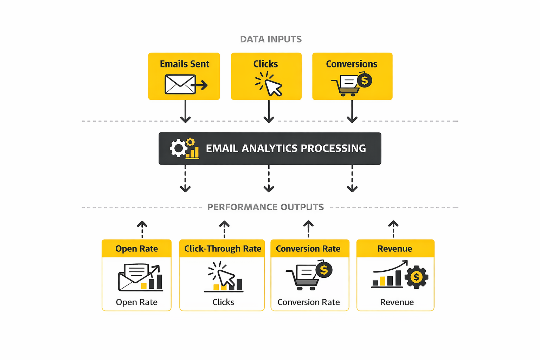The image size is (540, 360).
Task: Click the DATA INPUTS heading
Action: click(x=271, y=39)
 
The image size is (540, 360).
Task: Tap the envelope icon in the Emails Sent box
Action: click(x=180, y=84)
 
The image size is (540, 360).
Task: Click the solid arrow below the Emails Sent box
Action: click(x=185, y=112)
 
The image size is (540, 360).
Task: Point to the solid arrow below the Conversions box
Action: click(x=352, y=112)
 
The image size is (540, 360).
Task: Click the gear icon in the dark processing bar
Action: click(x=179, y=148)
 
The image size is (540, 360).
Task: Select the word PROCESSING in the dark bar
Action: click(x=333, y=148)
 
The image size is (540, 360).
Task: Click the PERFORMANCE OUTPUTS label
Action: click(x=265, y=207)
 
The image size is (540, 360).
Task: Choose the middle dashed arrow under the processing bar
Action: click(x=269, y=179)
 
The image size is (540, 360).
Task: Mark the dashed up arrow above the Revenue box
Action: click(x=393, y=229)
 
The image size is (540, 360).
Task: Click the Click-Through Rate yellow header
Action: click(x=223, y=249)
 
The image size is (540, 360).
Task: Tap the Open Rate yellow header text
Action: click(x=136, y=249)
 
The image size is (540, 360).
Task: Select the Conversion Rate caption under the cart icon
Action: click(x=309, y=302)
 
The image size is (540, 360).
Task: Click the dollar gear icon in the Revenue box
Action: click(x=416, y=277)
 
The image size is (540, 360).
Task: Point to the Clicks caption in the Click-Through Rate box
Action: click(x=223, y=302)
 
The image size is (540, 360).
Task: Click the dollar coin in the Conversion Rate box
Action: click(x=324, y=270)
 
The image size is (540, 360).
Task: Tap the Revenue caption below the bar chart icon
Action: click(x=397, y=302)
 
